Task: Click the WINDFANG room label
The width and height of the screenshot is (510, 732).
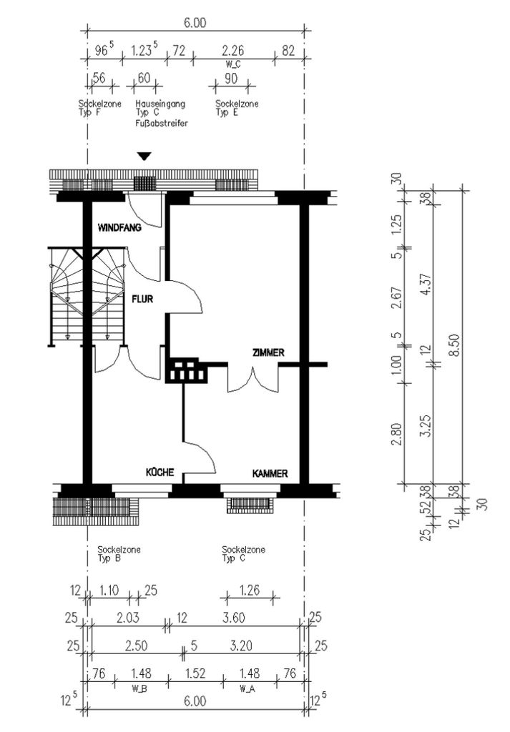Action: pyautogui.click(x=119, y=228)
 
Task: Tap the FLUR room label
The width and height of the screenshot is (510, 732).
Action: pyautogui.click(x=142, y=299)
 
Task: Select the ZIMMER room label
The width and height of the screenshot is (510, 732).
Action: pyautogui.click(x=268, y=353)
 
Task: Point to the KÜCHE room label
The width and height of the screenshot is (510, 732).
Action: pyautogui.click(x=160, y=472)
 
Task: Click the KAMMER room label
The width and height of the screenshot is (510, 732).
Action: pyautogui.click(x=270, y=474)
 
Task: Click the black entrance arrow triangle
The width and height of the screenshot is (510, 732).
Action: pyautogui.click(x=144, y=157)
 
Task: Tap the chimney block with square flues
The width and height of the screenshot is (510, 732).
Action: pyautogui.click(x=187, y=370)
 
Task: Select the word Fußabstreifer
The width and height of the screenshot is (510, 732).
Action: pyautogui.click(x=162, y=123)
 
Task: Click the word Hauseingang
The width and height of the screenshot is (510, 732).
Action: pyautogui.click(x=160, y=104)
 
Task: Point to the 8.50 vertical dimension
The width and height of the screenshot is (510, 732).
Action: pyautogui.click(x=453, y=345)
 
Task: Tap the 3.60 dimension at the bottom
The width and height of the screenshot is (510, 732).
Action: pyautogui.click(x=233, y=618)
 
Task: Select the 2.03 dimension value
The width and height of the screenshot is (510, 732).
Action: pyautogui.click(x=127, y=618)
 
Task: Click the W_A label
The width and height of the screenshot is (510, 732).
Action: pyautogui.click(x=247, y=688)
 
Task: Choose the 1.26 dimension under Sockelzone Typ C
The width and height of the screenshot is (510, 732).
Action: pyautogui.click(x=249, y=590)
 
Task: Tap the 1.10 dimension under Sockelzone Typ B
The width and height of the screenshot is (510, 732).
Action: pyautogui.click(x=109, y=590)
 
